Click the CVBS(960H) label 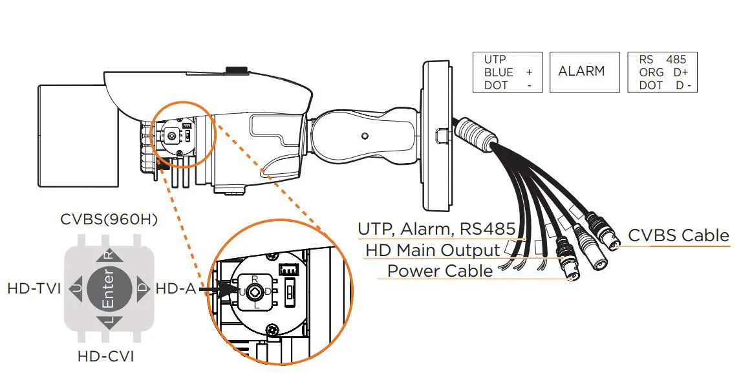click(x=109, y=219)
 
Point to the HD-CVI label click(x=109, y=356)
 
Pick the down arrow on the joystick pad click(x=109, y=321)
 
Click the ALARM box click(x=581, y=72)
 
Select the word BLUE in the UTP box click(x=499, y=72)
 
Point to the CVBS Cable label click(x=678, y=235)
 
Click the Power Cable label click(x=440, y=270)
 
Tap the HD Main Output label click(x=433, y=250)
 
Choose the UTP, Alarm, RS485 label click(x=436, y=229)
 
